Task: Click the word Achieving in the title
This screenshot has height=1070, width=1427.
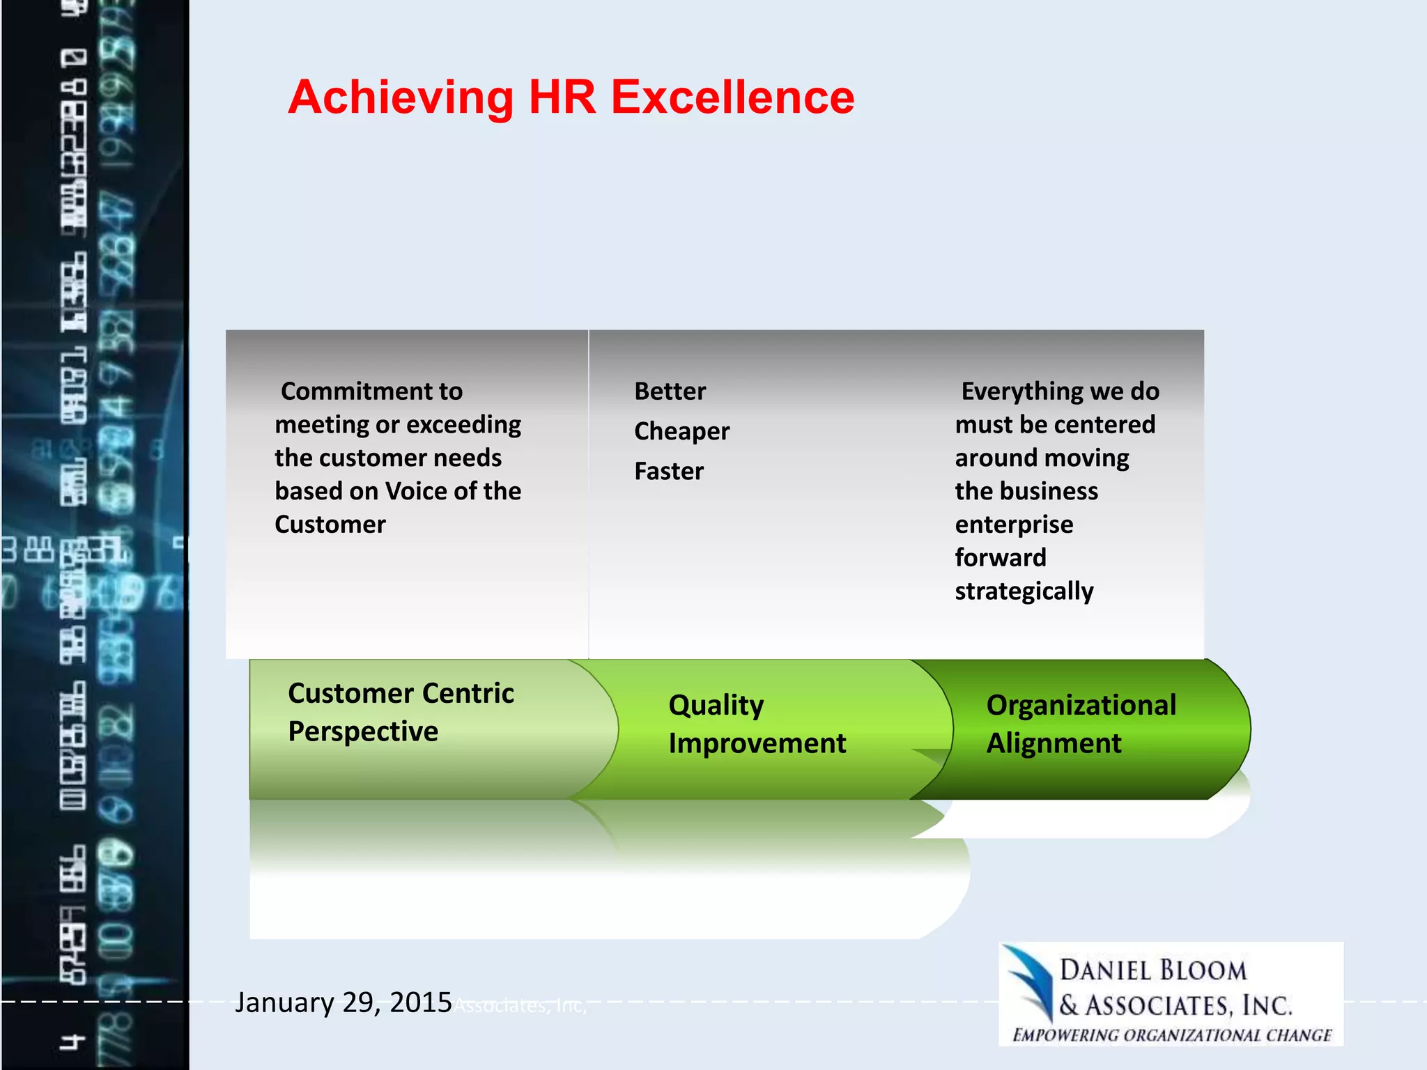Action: (x=401, y=98)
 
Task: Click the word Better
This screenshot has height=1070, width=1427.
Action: (x=670, y=391)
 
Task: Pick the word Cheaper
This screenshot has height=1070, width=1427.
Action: (x=681, y=431)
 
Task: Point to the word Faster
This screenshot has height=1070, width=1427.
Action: (x=669, y=472)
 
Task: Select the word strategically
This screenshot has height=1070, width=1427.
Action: (x=1024, y=591)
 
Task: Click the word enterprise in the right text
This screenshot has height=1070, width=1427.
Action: (x=1014, y=525)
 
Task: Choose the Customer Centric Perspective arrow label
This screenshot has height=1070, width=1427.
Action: (x=401, y=712)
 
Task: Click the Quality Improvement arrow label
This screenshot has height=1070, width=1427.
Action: (x=757, y=724)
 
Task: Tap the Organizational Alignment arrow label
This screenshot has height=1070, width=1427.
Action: (x=1081, y=724)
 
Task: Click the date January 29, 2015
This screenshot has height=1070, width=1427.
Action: (x=343, y=1002)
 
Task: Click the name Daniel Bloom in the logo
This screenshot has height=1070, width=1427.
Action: (x=1153, y=970)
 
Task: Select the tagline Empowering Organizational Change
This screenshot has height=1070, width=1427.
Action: (x=1172, y=1035)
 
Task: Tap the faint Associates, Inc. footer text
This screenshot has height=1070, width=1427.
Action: (x=520, y=1006)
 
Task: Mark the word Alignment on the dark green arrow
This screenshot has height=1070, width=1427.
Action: (x=1054, y=743)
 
